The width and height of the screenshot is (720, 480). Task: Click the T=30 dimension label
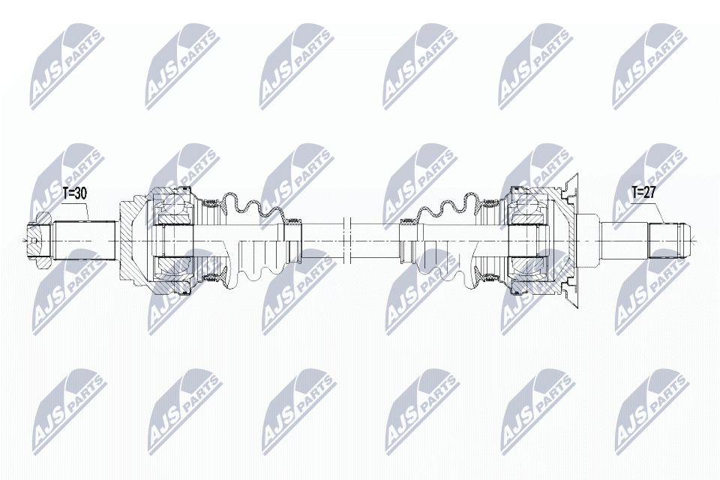tap(74, 194)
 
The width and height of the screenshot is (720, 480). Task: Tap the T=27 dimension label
tap(643, 193)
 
